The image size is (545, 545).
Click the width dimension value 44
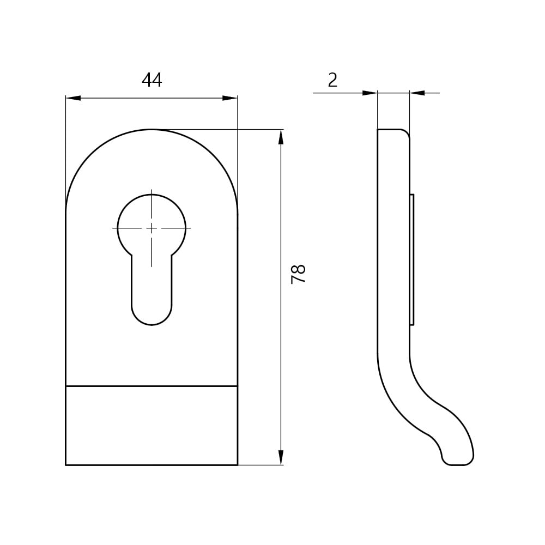(152, 80)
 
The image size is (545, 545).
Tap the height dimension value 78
(298, 274)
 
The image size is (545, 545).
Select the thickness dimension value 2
(332, 80)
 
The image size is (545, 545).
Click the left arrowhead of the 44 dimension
(73, 98)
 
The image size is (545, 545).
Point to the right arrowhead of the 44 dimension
(230, 98)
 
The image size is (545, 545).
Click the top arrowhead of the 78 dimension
(281, 137)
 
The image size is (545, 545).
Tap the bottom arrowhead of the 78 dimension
(281, 457)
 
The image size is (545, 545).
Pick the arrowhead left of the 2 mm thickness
(370, 93)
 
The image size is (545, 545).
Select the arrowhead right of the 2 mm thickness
(417, 93)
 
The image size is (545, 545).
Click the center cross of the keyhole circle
(152, 228)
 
